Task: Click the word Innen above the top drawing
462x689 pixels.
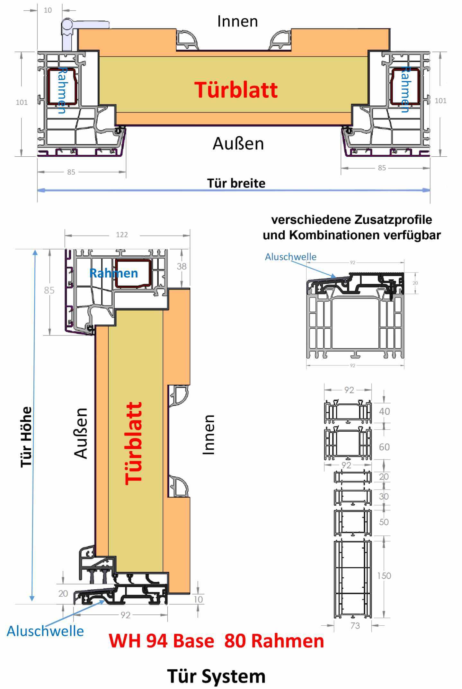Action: tap(237, 22)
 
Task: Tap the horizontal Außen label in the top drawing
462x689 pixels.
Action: tap(238, 143)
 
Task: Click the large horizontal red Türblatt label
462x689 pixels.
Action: tap(236, 90)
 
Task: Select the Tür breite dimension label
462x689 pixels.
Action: tap(236, 183)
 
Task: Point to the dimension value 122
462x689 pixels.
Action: tap(122, 235)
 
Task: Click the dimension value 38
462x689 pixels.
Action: tap(182, 266)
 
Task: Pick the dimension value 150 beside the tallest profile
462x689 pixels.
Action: tap(384, 576)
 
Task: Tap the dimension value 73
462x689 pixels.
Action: tap(355, 626)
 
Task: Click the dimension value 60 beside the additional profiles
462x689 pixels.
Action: tap(384, 447)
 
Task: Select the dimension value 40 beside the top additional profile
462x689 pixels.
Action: tap(384, 411)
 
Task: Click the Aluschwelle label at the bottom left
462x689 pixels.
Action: tap(45, 631)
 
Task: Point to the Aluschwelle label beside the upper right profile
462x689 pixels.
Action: tap(290, 257)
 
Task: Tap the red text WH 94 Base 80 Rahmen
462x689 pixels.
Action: tap(216, 641)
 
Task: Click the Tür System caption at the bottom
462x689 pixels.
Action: tap(216, 676)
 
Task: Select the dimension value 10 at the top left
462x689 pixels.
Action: tap(48, 10)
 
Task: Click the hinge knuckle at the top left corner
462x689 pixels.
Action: tap(68, 25)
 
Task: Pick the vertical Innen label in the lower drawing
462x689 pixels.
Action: tap(209, 435)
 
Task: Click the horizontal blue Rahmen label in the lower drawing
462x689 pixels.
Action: tap(113, 273)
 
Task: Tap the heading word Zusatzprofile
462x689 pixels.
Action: tap(393, 220)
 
